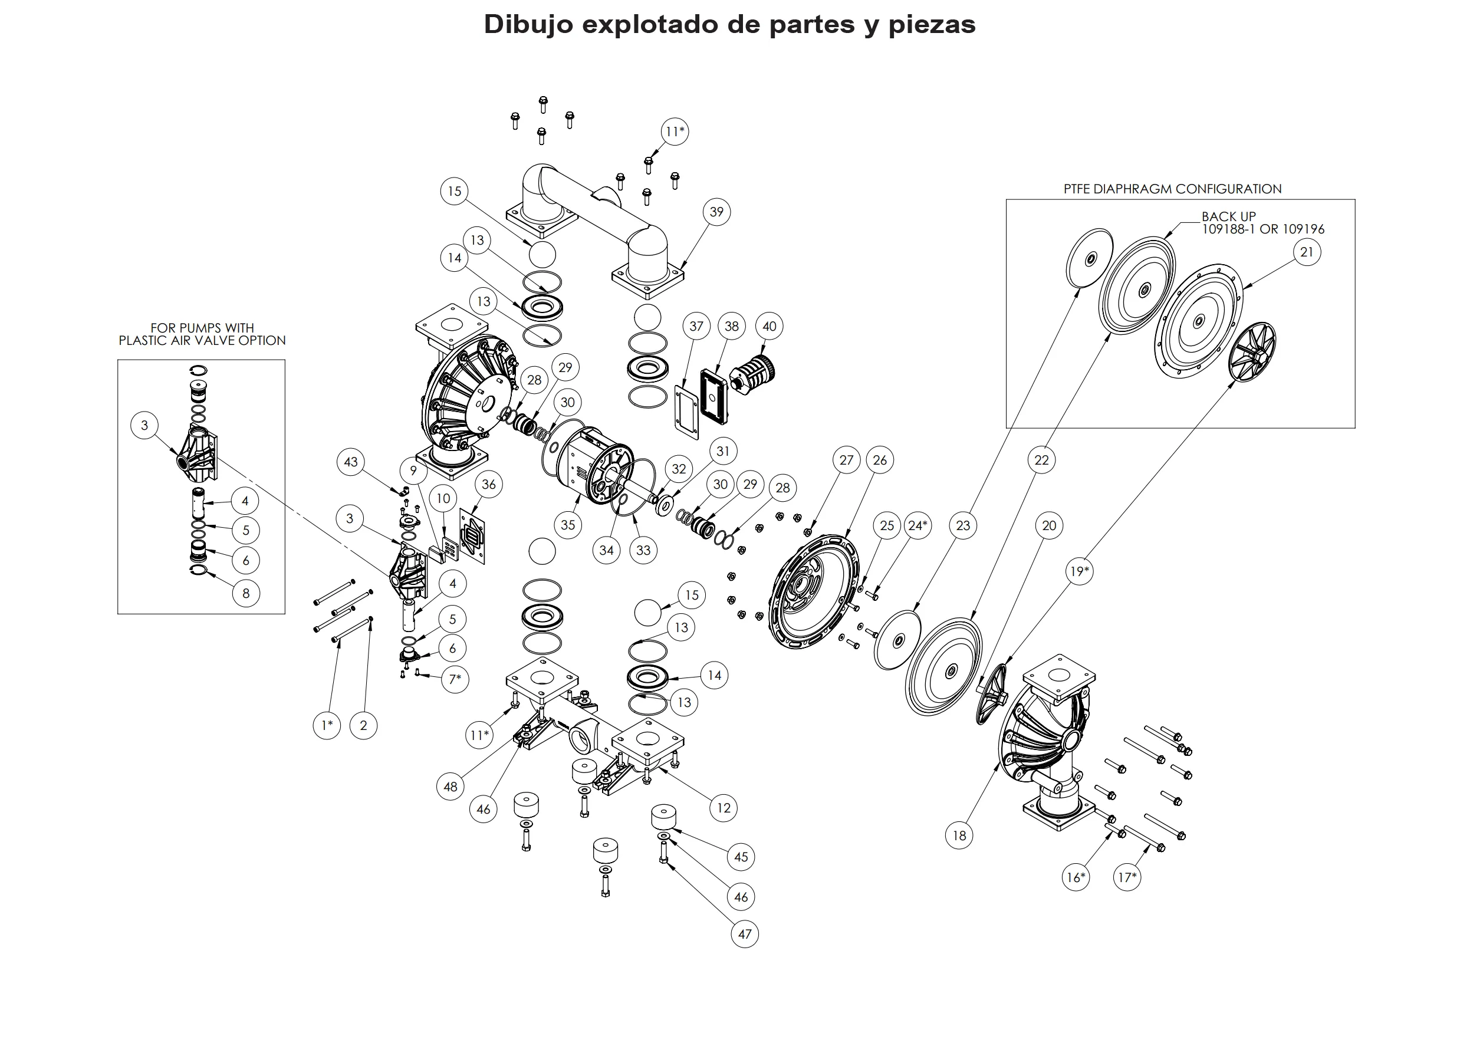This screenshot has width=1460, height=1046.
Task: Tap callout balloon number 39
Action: tap(716, 212)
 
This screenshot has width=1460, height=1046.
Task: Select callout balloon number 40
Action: tap(770, 326)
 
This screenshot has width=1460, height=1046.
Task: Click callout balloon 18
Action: tap(959, 836)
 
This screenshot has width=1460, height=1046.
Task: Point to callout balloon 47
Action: tap(745, 934)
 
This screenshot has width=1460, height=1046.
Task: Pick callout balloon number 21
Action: tap(1307, 252)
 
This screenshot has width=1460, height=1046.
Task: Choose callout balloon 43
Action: tap(351, 462)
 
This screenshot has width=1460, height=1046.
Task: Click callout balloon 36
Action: tap(489, 484)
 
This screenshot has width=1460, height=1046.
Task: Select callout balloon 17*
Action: tap(1127, 877)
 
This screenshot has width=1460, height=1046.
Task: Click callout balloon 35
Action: tap(568, 525)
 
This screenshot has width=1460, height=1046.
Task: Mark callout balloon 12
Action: tap(724, 808)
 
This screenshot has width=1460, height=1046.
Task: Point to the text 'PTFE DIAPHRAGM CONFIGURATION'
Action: tap(1172, 189)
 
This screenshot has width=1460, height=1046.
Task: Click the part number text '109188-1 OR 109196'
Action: tap(1263, 229)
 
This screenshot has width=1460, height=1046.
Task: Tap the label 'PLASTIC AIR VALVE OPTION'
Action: tap(202, 341)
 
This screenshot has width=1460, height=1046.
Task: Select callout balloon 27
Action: tap(847, 460)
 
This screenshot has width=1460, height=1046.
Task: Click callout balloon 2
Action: tap(363, 725)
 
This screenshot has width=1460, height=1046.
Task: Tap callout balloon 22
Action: tap(1041, 460)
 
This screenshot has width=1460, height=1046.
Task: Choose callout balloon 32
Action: tap(679, 469)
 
